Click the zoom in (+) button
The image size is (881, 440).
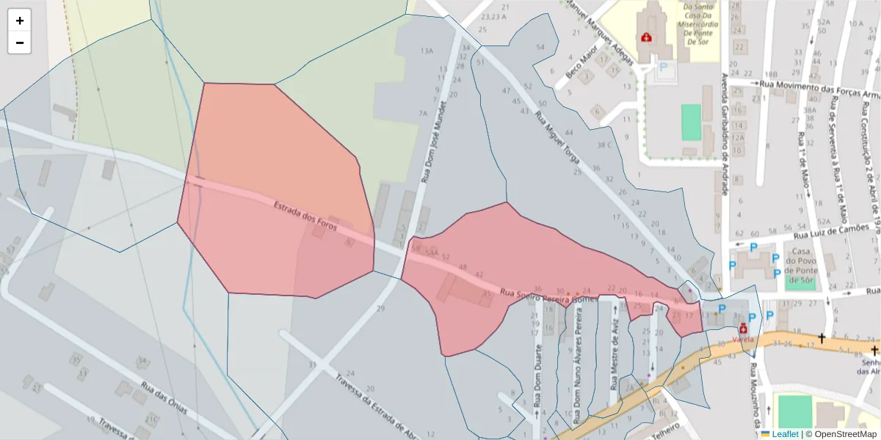(x=20, y=21)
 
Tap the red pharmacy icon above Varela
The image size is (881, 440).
(x=743, y=329)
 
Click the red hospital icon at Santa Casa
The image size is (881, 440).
(x=647, y=37)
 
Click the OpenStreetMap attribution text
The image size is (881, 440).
(x=841, y=434)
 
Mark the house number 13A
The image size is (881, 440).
(x=427, y=51)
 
